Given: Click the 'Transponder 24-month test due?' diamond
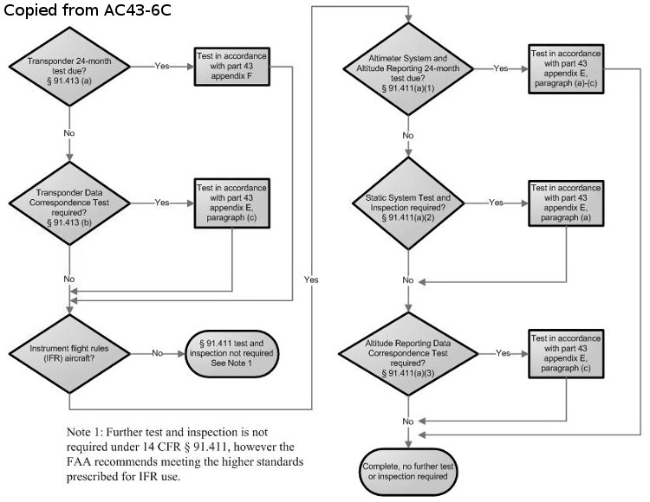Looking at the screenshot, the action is pyautogui.click(x=69, y=67).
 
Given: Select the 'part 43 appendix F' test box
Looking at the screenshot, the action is pyautogui.click(x=232, y=67).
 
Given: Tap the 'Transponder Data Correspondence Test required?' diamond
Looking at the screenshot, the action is pyautogui.click(x=69, y=203).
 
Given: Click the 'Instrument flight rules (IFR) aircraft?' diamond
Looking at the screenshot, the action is pyautogui.click(x=69, y=353).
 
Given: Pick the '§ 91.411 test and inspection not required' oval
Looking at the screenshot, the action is pyautogui.click(x=231, y=353).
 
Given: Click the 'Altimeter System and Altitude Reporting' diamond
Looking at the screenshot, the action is pyautogui.click(x=408, y=68).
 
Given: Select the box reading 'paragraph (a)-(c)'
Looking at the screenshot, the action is pyautogui.click(x=566, y=68).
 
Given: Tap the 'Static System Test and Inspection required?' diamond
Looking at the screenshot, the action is pyautogui.click(x=408, y=203).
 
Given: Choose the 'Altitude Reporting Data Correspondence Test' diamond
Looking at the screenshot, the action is pyautogui.click(x=408, y=354).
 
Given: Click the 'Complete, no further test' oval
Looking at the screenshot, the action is pyautogui.click(x=408, y=472).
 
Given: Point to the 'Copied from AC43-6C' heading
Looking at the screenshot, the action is pyautogui.click(x=88, y=10).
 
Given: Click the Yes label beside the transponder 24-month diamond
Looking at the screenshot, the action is pyautogui.click(x=162, y=66).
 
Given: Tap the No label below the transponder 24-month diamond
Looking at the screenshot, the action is pyautogui.click(x=69, y=132).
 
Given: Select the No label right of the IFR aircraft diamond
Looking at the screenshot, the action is pyautogui.click(x=157, y=353).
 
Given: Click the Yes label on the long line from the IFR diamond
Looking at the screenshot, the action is pyautogui.click(x=311, y=280).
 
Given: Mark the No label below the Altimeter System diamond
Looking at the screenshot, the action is pyautogui.click(x=408, y=135).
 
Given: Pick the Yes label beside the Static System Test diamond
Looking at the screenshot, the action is pyautogui.click(x=496, y=203).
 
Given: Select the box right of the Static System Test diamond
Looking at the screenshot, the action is pyautogui.click(x=566, y=203).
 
